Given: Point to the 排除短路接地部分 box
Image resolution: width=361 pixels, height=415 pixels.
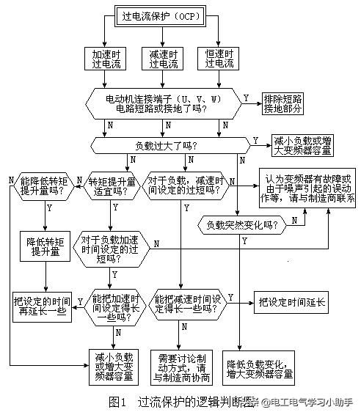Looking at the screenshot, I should (287, 103).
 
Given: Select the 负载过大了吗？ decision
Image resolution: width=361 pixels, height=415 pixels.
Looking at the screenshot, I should (169, 144).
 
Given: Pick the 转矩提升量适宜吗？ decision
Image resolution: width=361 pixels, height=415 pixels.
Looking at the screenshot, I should (112, 186).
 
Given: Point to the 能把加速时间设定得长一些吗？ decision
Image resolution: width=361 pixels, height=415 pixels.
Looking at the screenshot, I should (116, 306).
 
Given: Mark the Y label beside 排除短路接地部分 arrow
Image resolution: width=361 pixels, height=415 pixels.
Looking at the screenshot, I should (246, 98).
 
